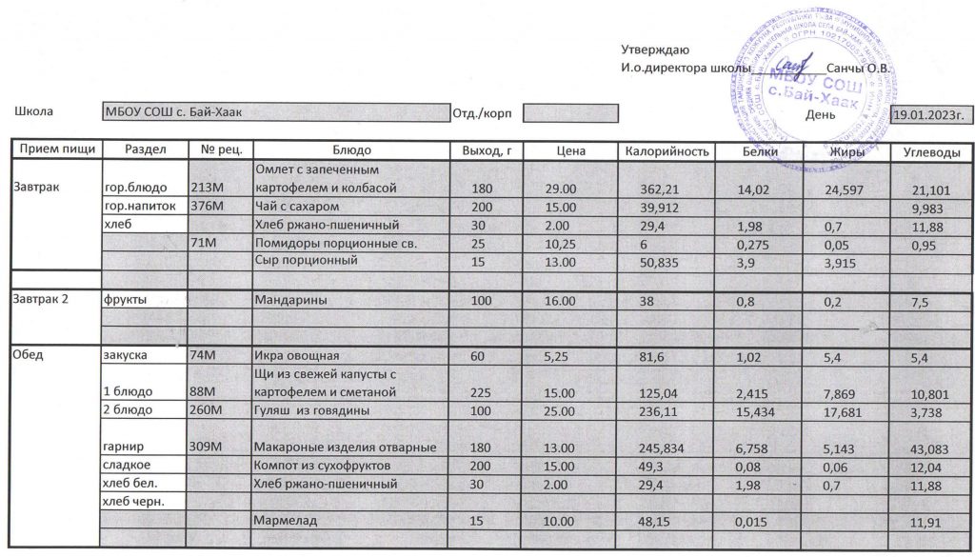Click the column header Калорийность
(666, 151)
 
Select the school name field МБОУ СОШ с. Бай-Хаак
(275, 113)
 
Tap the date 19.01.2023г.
(928, 115)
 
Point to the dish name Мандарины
(290, 300)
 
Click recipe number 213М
(208, 189)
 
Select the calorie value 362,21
(660, 189)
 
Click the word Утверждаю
(655, 50)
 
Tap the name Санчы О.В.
(859, 69)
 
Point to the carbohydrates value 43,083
(931, 448)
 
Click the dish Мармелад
(285, 522)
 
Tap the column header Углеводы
(930, 152)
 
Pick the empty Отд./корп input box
(558, 113)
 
